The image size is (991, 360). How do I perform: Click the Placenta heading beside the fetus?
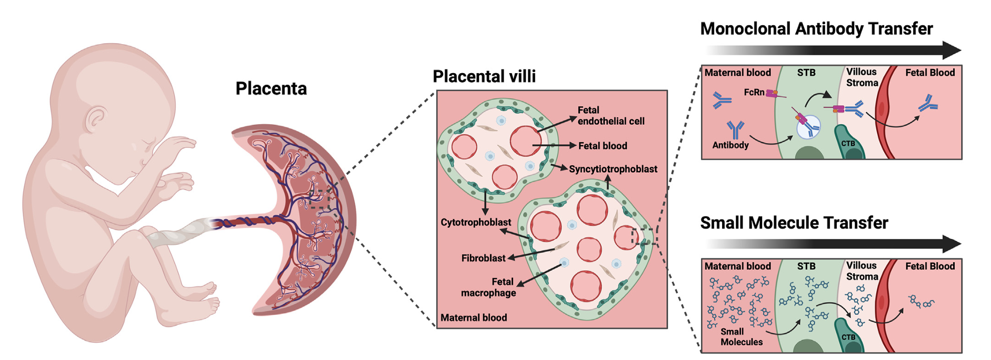point(271,88)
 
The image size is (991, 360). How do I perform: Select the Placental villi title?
point(484,76)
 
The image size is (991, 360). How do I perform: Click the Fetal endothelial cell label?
point(610,116)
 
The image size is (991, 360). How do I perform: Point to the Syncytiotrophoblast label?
point(613,169)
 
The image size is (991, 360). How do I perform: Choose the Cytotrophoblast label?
point(476,222)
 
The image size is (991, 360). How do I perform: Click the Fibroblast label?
point(483,258)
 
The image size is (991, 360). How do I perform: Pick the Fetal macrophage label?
point(488,287)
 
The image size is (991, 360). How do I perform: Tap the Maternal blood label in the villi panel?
point(474,317)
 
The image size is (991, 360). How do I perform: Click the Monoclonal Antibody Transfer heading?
point(816,28)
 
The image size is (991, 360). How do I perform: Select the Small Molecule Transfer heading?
point(794,223)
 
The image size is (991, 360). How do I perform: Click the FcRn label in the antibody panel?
point(754,92)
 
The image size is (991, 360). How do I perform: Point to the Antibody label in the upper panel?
point(730,145)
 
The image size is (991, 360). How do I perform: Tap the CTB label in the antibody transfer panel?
point(848,144)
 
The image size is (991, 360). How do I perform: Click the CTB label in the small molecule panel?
point(848,337)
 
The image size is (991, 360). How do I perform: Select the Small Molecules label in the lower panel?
point(741,337)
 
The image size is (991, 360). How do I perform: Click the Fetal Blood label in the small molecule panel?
point(929,266)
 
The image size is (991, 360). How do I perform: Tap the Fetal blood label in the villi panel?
point(602,146)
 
